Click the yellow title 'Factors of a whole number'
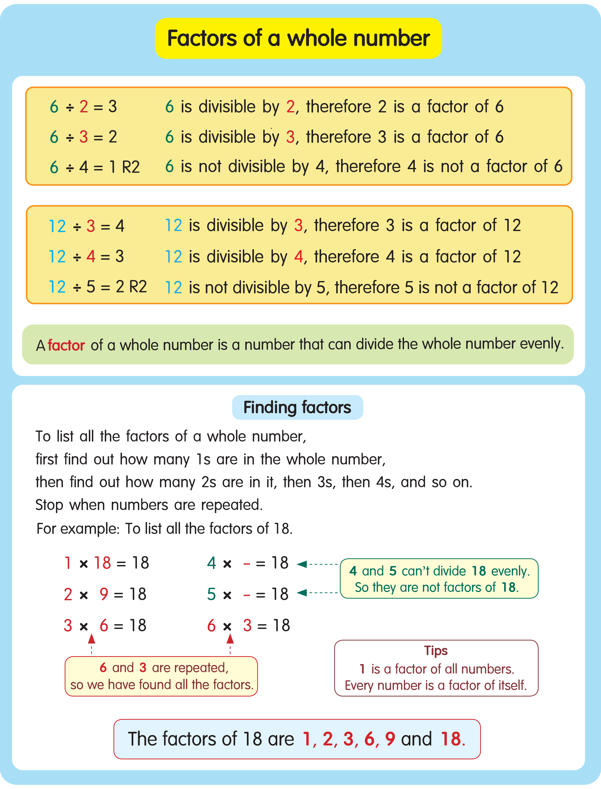click(x=298, y=38)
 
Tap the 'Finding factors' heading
click(x=297, y=408)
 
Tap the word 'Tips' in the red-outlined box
click(x=436, y=650)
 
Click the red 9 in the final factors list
click(x=390, y=739)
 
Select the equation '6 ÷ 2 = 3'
click(x=83, y=107)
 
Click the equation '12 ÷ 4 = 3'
click(x=86, y=256)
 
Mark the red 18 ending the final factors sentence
click(x=451, y=739)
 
